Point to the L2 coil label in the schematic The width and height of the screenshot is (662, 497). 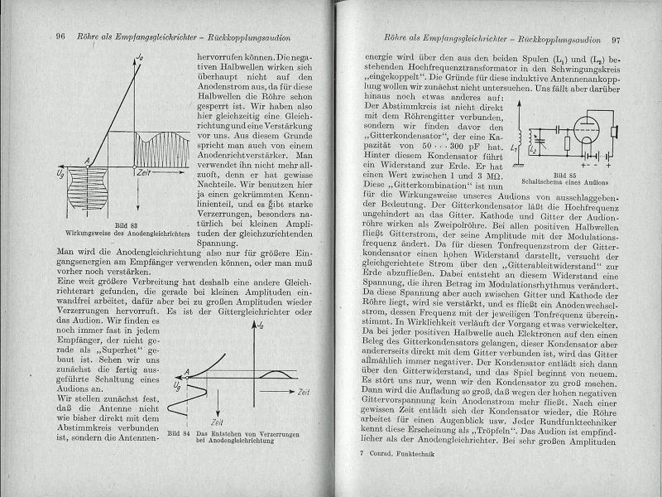(535, 152)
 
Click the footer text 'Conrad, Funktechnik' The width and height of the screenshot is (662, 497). (399, 456)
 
